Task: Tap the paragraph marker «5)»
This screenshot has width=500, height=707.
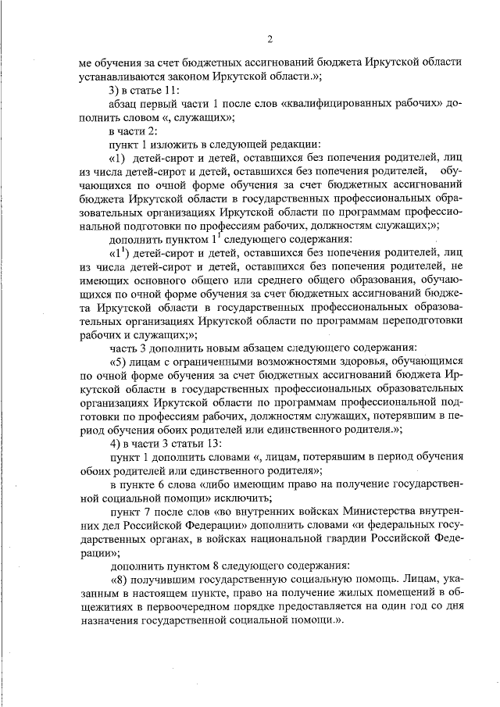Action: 122,361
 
